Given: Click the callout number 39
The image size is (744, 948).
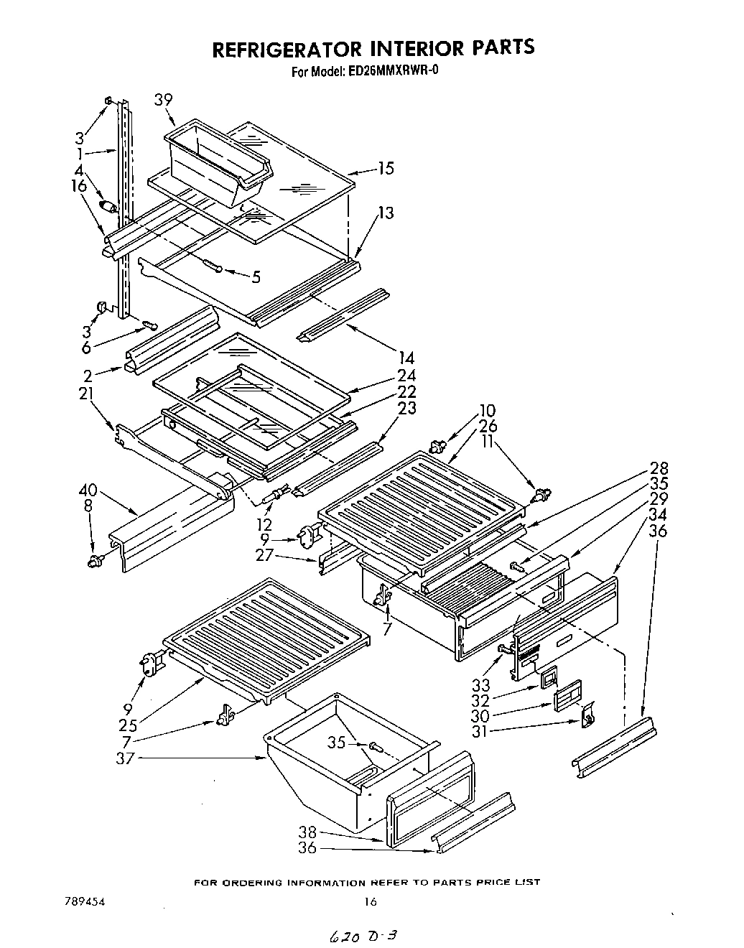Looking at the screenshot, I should pyautogui.click(x=163, y=100).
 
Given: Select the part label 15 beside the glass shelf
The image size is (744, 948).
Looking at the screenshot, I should pyautogui.click(x=386, y=168).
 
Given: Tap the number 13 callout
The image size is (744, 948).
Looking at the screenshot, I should pyautogui.click(x=386, y=213).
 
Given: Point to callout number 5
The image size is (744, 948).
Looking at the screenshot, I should pyautogui.click(x=256, y=276).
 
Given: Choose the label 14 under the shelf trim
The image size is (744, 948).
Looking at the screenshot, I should pyautogui.click(x=406, y=357).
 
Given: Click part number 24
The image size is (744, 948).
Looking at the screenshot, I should pyautogui.click(x=406, y=375).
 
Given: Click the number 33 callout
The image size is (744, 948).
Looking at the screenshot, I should pyautogui.click(x=480, y=686).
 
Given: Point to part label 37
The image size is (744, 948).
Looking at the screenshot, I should pyautogui.click(x=125, y=757).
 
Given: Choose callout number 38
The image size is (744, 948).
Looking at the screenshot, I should pyautogui.click(x=307, y=833).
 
